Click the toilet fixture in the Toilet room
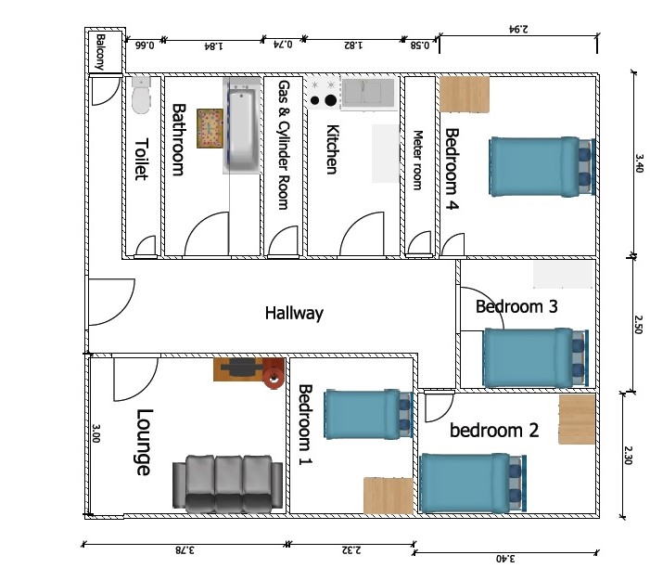[x=141, y=95]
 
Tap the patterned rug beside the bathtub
[x=210, y=128]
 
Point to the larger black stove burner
[x=330, y=100]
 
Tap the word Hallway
[x=294, y=313]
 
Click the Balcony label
[x=101, y=52]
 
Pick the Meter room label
[x=418, y=161]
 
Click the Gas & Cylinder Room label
[x=284, y=145]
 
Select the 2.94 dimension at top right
[x=518, y=29]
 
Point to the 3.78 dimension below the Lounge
[x=185, y=550]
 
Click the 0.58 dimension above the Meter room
[x=420, y=45]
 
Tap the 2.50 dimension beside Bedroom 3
[x=638, y=325]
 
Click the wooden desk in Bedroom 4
[x=465, y=95]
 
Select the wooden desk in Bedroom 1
[x=389, y=496]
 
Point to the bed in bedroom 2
[x=473, y=483]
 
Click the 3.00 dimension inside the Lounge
[x=96, y=433]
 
